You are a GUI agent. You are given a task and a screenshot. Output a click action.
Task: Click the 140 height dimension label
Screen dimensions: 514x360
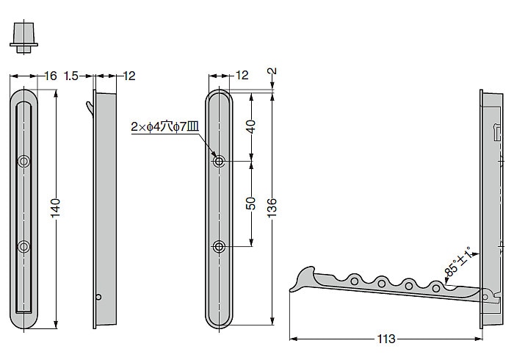point(55,207)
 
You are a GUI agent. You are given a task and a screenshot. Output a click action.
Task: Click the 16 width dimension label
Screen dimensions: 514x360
point(50,76)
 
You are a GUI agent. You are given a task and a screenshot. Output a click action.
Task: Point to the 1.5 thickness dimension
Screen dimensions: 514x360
point(71,76)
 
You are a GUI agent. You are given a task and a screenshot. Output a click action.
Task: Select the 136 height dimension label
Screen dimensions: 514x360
point(272,207)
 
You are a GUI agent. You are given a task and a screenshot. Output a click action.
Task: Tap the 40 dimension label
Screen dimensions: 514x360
point(251,126)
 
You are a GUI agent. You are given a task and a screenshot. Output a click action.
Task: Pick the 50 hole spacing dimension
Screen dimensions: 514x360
point(251,204)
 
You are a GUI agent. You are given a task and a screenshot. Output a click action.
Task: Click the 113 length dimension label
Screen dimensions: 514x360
point(385,339)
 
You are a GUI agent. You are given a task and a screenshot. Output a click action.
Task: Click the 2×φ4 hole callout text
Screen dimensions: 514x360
point(165,126)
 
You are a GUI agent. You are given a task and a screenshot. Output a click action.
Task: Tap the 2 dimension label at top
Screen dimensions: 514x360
point(272,71)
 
